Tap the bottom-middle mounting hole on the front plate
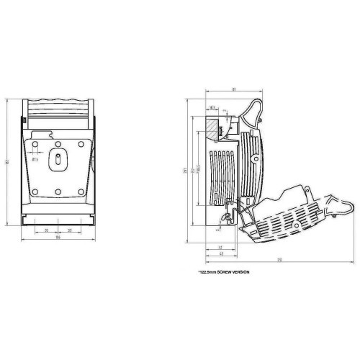pos(58,191)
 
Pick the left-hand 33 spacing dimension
pos(46,230)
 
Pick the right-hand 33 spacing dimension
pos(69,230)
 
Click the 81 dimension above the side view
pos(235,89)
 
